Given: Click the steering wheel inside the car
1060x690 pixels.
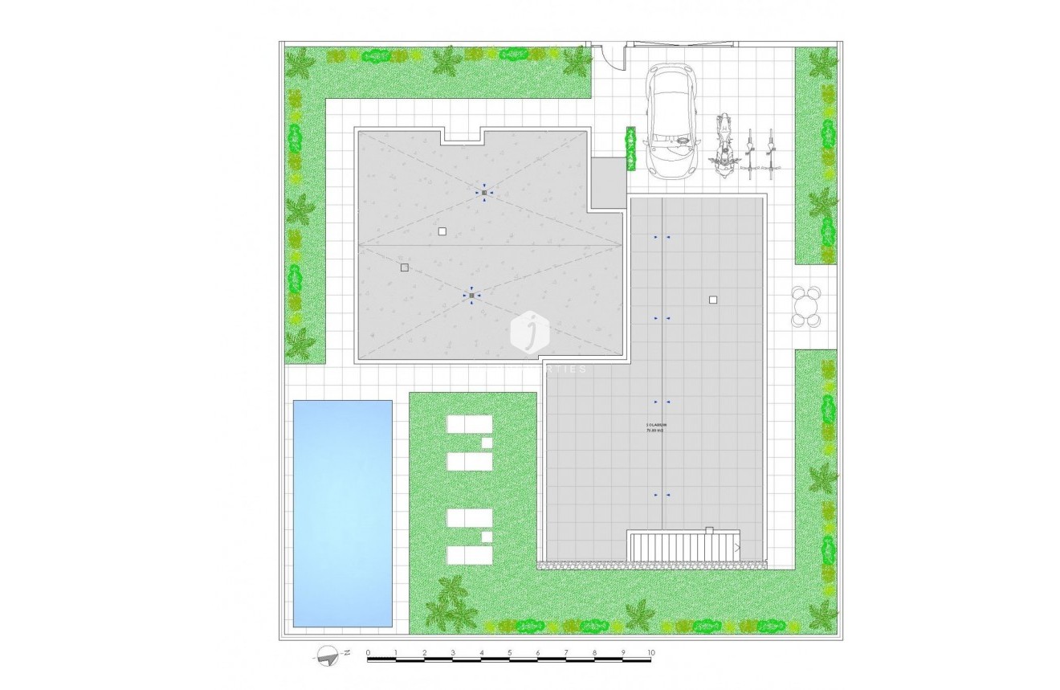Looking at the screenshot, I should pos(683,138).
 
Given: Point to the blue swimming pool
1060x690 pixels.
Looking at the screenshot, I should pos(342,512).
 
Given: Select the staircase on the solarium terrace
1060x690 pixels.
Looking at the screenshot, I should pos(683,546).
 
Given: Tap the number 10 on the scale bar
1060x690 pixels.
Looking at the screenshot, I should pos(650,653).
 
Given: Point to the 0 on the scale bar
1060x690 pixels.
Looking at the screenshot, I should pos(368,653).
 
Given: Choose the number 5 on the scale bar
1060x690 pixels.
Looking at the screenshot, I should pos(509,653).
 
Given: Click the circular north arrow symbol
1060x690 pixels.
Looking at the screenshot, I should pos(326,655).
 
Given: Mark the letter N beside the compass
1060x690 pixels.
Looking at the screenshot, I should pos(346,652).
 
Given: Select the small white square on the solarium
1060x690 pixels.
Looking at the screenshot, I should pos(712,300).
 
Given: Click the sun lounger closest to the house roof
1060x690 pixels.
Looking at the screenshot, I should pos(470,424).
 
